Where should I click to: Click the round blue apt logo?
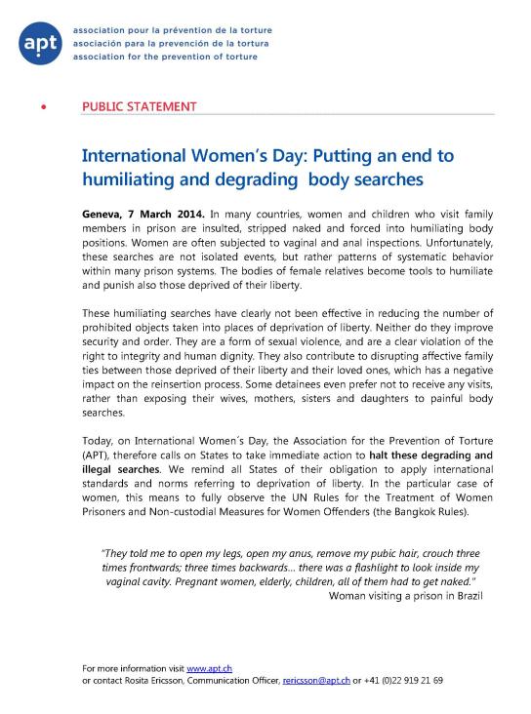(x=41, y=43)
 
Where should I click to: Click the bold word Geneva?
(x=105, y=213)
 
